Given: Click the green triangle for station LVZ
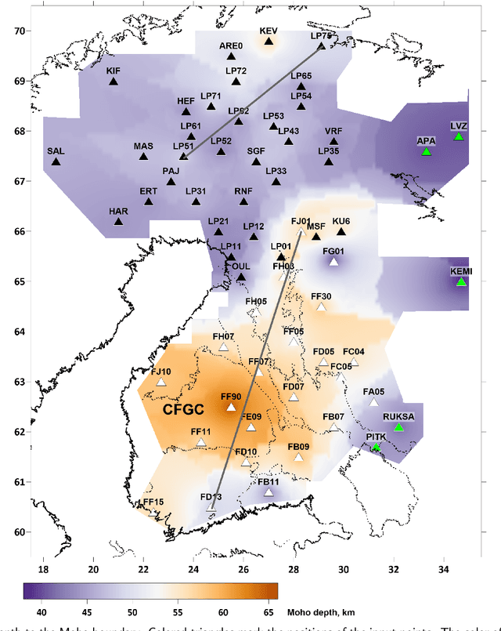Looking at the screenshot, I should coord(459,136).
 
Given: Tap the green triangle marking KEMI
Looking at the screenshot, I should coord(462,281).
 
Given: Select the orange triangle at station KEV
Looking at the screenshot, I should coord(269,41).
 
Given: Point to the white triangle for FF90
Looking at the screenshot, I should coord(231,407).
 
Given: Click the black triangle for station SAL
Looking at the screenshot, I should coord(56,161).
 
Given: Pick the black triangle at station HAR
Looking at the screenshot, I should coord(119,221).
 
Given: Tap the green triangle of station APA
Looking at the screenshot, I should coord(426,151).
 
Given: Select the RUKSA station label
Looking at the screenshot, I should coord(398,416).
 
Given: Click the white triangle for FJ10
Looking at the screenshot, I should coord(161,382).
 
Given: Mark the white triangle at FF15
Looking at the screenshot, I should coord(153,512).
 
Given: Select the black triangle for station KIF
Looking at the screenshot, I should coord(114,81).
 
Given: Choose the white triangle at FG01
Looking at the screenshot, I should coord(333,262).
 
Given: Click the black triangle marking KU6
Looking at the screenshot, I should coord(341,231).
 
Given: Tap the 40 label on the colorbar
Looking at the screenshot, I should coord(32,612).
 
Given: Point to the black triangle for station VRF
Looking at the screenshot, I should coord(333,141).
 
